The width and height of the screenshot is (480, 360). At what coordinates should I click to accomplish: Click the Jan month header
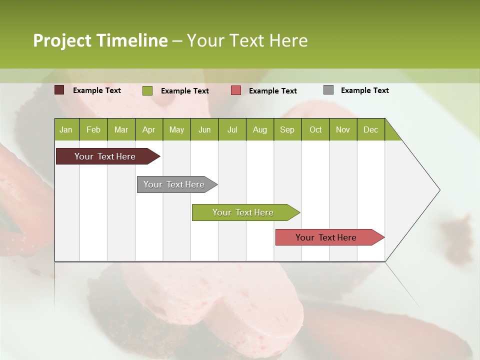[66, 129]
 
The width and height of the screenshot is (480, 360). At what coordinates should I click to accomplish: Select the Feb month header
[93, 129]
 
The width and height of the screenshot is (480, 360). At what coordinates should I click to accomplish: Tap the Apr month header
[148, 129]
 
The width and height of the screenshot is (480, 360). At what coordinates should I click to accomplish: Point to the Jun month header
[204, 129]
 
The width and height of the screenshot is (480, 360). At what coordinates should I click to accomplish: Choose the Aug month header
[259, 129]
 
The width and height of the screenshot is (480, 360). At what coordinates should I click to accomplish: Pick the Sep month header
[287, 129]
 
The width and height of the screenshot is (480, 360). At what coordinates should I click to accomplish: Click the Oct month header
[315, 129]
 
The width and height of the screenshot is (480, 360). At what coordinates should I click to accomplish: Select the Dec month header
[370, 129]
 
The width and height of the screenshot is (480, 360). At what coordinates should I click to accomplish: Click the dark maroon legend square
[59, 90]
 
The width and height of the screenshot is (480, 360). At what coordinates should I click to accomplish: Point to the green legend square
[147, 90]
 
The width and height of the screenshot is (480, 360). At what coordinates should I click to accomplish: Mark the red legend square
[236, 90]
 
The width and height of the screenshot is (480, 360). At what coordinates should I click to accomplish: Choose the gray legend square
[328, 90]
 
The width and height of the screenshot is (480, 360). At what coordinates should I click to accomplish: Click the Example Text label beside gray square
[364, 90]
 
